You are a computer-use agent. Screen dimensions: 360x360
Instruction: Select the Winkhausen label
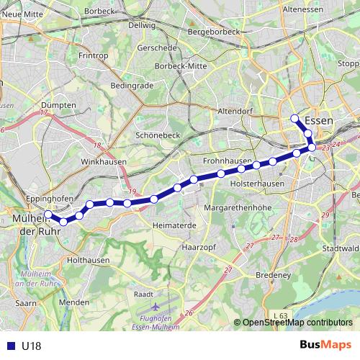pyautogui.click(x=99, y=162)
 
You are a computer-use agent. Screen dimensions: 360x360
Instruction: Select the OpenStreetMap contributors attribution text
pyautogui.click(x=297, y=323)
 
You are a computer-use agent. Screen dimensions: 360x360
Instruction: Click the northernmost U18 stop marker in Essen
pyautogui.click(x=294, y=118)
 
